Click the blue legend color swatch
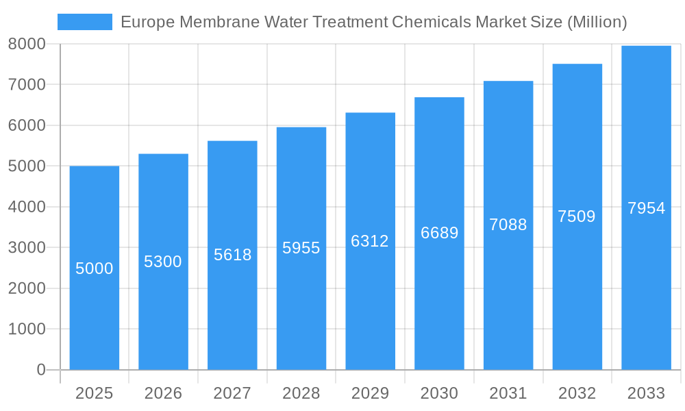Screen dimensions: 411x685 click(84, 22)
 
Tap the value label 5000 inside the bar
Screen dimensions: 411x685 click(95, 269)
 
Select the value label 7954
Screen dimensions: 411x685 click(646, 208)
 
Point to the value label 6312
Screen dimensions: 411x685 click(370, 241)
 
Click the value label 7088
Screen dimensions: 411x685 click(508, 225)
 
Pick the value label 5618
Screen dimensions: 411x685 click(232, 255)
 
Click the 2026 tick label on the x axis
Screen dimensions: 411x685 click(163, 393)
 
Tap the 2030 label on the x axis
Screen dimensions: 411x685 click(439, 393)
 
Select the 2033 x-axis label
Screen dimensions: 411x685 click(646, 393)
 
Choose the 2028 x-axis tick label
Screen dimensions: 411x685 click(301, 393)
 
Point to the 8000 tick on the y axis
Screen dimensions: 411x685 click(27, 44)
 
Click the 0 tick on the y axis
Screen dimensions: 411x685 click(40, 370)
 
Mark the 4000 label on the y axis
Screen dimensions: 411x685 click(27, 207)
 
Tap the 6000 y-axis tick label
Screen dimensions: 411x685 click(27, 125)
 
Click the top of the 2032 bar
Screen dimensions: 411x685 click(577, 64)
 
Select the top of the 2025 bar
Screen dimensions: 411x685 click(95, 166)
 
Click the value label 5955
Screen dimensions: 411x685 click(301, 248)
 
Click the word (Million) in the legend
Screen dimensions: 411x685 click(597, 22)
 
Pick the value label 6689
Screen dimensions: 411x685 click(439, 233)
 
